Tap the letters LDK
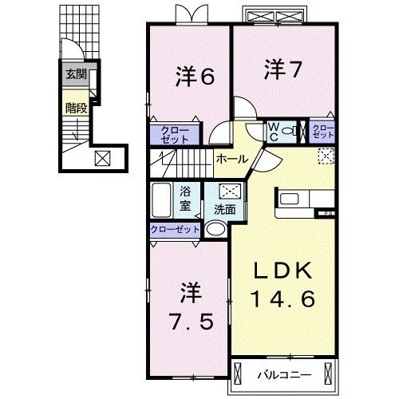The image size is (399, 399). [285, 271]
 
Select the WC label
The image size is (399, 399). [272, 130]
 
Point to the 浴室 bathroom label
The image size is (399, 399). [185, 198]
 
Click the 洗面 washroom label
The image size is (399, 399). [223, 210]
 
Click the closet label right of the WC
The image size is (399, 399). [323, 130]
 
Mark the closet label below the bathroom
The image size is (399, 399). [175, 230]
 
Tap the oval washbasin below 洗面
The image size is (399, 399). [215, 230]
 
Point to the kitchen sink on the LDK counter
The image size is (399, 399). [287, 198]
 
